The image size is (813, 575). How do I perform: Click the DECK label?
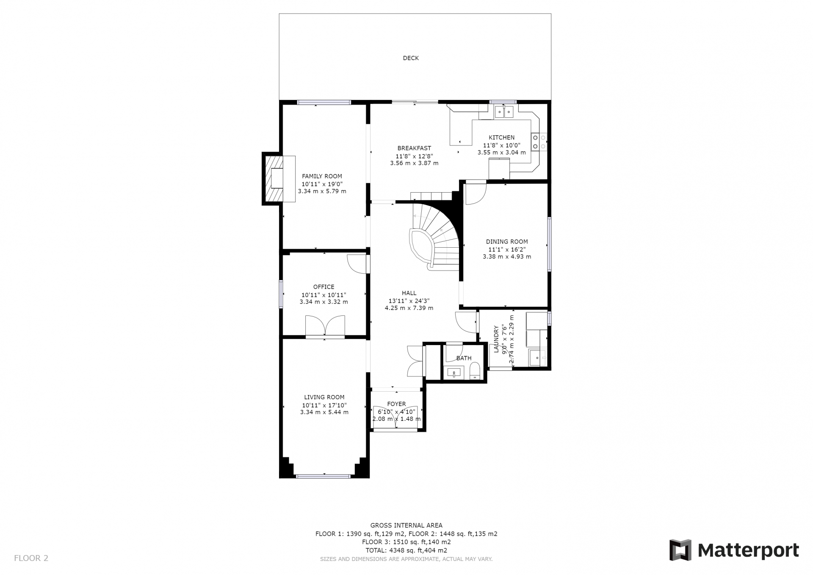410,58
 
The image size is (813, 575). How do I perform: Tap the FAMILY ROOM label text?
322,176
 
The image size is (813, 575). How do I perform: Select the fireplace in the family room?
279,178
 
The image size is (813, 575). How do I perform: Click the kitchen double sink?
504,112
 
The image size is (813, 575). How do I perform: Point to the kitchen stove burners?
539,142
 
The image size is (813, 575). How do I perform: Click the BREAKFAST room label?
414,148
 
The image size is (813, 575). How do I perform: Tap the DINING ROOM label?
507,242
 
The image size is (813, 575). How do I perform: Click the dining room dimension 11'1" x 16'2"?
507,249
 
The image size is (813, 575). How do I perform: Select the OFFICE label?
324,287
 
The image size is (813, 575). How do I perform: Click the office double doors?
325,326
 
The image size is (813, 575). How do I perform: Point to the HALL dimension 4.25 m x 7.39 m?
409,308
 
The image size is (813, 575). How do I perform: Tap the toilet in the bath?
475,371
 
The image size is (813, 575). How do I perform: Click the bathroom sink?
454,373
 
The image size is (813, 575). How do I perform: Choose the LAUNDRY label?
496,339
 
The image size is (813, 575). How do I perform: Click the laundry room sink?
537,357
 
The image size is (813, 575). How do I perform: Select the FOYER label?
396,404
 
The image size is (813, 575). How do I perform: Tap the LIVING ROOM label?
324,397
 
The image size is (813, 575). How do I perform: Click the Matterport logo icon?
680,550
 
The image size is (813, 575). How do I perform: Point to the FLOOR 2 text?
31,558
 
